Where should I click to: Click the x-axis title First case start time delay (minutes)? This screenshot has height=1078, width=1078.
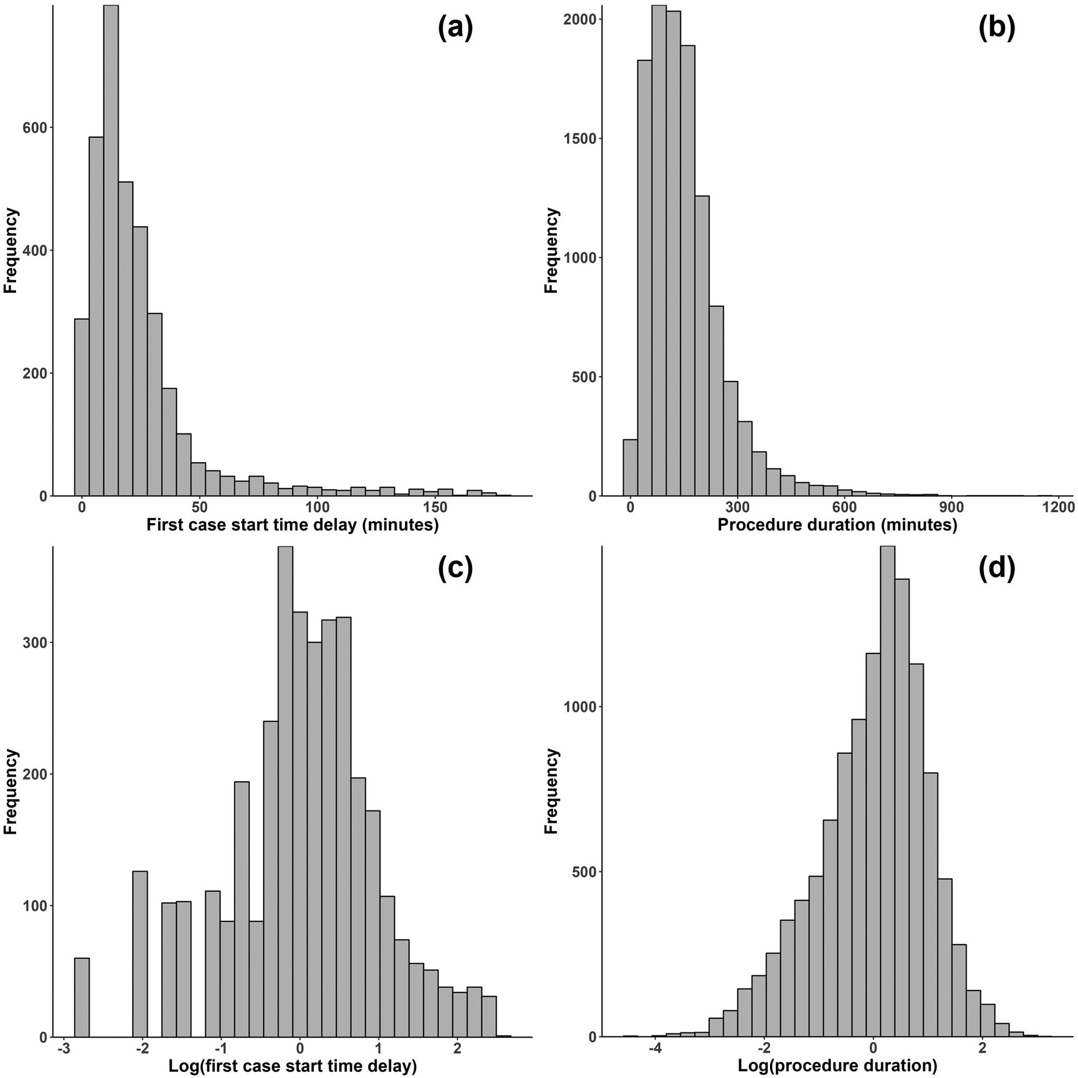point(292,524)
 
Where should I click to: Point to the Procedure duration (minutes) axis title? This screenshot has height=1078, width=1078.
point(837,524)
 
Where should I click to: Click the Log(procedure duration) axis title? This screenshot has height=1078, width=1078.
point(837,1066)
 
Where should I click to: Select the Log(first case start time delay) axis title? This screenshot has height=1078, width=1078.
point(292,1066)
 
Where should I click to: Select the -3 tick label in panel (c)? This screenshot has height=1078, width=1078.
point(63,1049)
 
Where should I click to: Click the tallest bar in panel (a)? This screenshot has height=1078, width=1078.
point(110,251)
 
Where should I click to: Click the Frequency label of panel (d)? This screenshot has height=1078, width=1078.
point(551,791)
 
